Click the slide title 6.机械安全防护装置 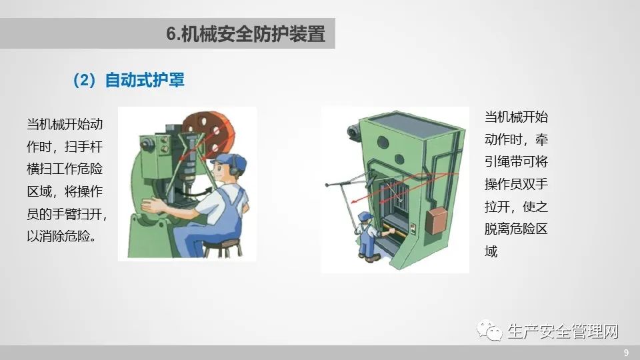point(245,33)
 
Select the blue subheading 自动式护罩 point(145,79)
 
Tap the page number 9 point(626,353)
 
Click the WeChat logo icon point(489,330)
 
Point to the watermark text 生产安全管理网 point(563,331)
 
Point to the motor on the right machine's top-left point(354,132)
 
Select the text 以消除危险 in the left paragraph point(58,236)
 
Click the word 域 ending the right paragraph point(491,251)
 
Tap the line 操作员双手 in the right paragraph point(516,184)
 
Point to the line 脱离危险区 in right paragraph point(516,229)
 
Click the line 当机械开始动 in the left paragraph point(65,124)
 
